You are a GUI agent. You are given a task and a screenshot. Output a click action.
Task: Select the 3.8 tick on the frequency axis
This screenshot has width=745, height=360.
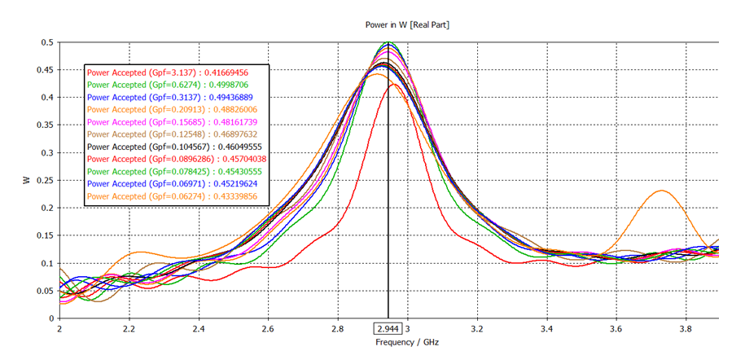(x=684, y=330)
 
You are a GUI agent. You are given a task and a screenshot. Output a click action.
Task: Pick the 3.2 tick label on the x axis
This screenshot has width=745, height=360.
(x=477, y=330)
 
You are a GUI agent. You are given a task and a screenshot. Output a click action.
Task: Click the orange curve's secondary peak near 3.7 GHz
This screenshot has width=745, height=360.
(x=661, y=191)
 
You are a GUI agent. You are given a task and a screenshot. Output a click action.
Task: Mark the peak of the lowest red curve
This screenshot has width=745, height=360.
(x=393, y=84)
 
